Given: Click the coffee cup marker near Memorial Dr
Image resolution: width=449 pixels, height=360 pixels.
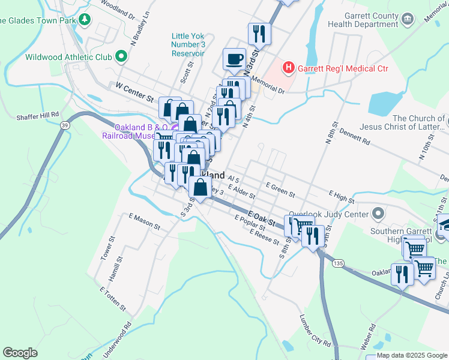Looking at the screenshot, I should pos(234,59).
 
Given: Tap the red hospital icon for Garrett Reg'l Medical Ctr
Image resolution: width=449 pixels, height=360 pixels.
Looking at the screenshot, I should pos(289,68).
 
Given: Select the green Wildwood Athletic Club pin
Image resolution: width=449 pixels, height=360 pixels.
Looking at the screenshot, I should pos(121,57).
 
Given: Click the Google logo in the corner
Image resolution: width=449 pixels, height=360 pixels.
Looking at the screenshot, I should pos(20,352).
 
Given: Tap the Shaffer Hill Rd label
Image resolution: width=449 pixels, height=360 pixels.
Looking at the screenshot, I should pos(38,114).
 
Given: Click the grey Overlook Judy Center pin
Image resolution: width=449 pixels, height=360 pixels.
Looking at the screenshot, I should pos(378,213).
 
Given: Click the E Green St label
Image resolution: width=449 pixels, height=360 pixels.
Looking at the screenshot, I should pos(280,191).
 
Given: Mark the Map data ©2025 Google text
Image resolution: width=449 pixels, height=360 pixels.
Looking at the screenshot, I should pos(412,355).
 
